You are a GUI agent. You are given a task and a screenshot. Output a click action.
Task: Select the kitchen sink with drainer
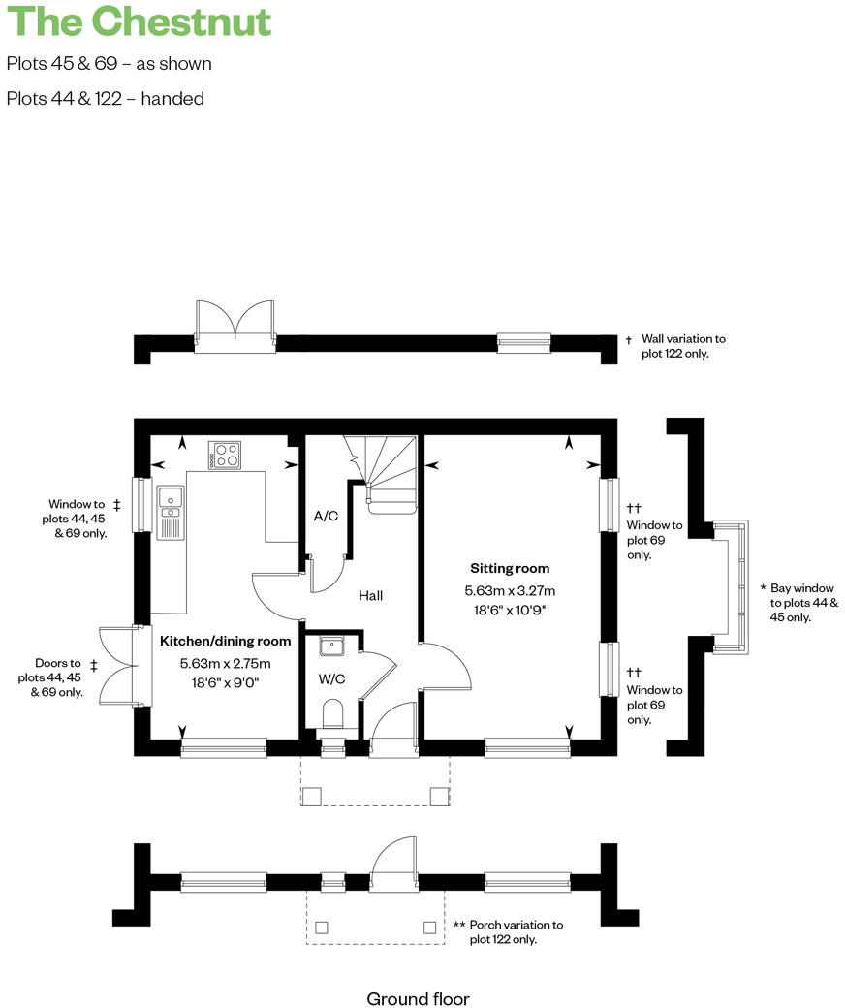[171, 512]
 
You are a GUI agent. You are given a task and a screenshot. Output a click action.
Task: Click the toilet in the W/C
[332, 713]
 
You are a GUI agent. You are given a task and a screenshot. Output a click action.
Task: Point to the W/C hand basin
[332, 646]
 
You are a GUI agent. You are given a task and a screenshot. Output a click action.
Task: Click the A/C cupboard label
[326, 516]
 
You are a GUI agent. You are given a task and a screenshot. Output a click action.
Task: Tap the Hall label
[370, 595]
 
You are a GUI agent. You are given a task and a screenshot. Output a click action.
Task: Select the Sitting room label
[510, 569]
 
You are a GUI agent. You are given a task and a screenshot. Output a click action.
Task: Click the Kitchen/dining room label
[225, 642]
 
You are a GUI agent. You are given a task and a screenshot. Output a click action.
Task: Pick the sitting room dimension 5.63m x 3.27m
[510, 591]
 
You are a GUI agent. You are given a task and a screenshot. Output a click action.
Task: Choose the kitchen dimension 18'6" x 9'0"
[225, 682]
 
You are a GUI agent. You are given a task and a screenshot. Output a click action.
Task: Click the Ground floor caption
[418, 998]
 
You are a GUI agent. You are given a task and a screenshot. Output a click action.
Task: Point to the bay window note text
[803, 603]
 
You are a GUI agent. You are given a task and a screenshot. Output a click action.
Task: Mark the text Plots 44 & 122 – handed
[105, 98]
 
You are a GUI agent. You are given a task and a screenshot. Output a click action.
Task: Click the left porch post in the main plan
[313, 796]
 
